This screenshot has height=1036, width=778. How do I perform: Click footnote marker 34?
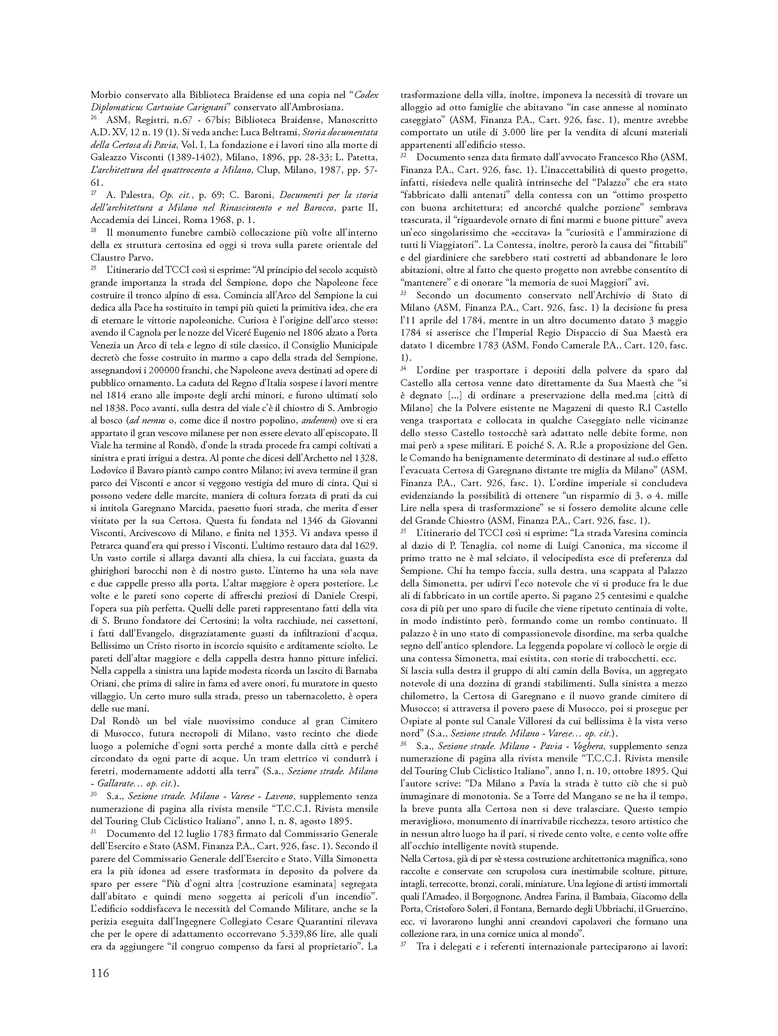click(403, 368)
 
